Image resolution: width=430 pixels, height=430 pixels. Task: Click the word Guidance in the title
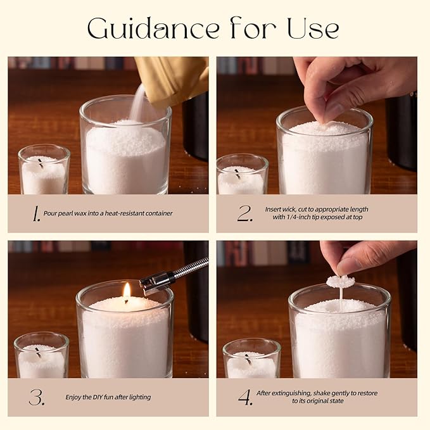click(x=153, y=28)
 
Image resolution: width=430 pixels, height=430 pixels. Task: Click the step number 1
click(x=35, y=213)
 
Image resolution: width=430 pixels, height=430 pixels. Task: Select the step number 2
click(x=245, y=213)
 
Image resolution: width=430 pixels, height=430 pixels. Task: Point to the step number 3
click(x=37, y=397)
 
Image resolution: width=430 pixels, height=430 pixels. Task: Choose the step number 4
click(x=245, y=397)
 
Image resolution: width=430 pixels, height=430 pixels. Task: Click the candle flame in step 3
click(x=127, y=291)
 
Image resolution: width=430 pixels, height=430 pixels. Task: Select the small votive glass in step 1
click(x=44, y=169)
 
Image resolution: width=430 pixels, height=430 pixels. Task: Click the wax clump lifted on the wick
click(x=340, y=281)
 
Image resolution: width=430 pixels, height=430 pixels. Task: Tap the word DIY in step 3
click(x=98, y=397)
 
